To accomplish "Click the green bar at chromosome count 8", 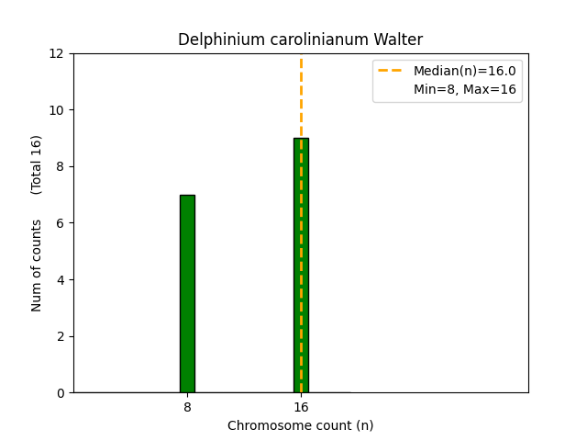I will [x=187, y=293].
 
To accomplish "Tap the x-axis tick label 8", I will [x=187, y=406].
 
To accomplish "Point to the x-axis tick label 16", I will [x=301, y=406].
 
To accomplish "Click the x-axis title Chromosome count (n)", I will [x=301, y=425].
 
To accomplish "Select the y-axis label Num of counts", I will [x=38, y=266].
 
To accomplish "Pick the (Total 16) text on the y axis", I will [x=37, y=164].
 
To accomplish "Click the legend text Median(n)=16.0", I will [x=465, y=71].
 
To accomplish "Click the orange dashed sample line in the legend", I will [x=391, y=71].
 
